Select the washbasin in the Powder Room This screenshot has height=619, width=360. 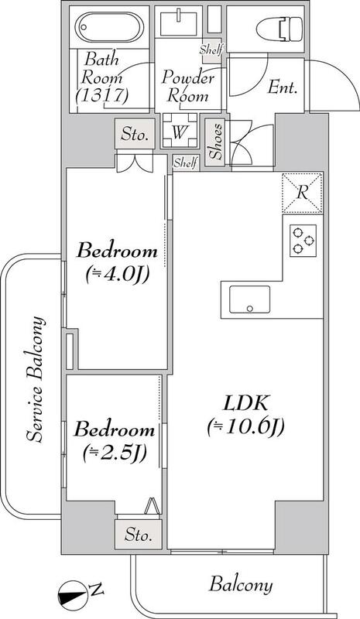click(x=179, y=23)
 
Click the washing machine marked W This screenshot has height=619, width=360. click(x=180, y=132)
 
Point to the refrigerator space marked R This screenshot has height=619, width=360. click(x=302, y=193)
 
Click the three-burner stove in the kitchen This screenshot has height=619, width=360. click(x=303, y=241)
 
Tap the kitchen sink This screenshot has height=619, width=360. click(x=250, y=299)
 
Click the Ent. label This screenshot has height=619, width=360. click(x=282, y=87)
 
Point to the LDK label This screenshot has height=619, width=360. click(x=245, y=404)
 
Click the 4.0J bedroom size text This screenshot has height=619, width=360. click(x=117, y=275)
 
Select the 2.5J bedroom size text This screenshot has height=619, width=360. click(x=115, y=453)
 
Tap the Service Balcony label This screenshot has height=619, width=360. click(x=35, y=378)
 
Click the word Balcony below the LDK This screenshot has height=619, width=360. click(x=241, y=585)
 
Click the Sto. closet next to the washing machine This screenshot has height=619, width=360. click(x=135, y=135)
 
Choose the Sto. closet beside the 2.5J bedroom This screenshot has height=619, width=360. click(x=138, y=535)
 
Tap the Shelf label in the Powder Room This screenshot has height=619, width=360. click(x=211, y=50)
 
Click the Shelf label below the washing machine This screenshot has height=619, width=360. click(x=185, y=162)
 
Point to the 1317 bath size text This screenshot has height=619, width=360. click(x=103, y=95)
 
